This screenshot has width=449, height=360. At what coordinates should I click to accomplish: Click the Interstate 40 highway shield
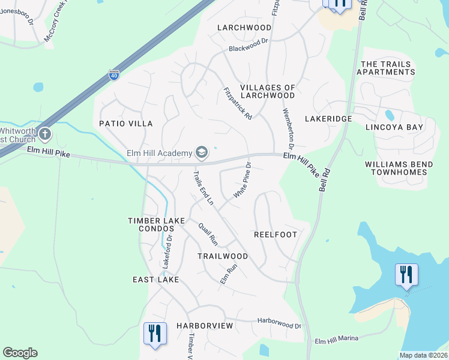113,75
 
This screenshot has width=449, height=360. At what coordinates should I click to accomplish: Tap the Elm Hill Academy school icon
202,153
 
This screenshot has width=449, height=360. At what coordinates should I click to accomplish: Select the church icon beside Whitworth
45,134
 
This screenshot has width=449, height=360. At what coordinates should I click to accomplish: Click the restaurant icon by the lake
406,275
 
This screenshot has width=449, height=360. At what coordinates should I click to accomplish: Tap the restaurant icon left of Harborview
155,334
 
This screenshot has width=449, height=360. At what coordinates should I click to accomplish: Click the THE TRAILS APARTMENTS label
385,68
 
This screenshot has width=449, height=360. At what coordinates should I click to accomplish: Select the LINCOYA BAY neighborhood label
394,127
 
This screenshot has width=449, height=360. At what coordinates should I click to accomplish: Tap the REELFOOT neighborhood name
276,235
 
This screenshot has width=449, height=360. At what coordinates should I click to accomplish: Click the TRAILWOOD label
223,256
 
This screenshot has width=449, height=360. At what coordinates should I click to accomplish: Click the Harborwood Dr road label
279,323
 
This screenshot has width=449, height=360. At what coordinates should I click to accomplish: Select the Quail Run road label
208,233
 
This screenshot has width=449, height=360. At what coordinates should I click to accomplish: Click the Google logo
20,353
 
